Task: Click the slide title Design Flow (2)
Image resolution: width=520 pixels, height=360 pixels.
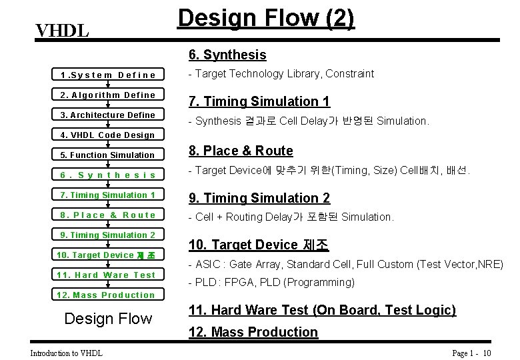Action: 265,18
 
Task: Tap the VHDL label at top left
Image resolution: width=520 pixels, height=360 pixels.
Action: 62,31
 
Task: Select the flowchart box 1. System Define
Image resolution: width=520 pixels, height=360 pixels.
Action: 107,75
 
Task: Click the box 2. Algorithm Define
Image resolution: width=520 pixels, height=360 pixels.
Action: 107,95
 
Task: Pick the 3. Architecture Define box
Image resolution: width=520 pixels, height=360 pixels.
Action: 107,115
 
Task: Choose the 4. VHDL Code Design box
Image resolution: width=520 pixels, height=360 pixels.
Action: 107,135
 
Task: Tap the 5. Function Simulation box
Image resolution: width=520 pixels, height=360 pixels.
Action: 107,155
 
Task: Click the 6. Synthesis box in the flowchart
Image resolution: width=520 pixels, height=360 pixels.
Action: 107,175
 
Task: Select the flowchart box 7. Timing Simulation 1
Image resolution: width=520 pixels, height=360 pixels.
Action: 107,195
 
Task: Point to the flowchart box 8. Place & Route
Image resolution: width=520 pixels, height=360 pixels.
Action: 107,215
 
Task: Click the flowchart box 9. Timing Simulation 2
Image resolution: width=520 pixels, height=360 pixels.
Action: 107,235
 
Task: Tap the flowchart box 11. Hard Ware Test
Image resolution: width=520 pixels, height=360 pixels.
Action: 107,275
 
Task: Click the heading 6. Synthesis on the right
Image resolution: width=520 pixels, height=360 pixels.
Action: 227,55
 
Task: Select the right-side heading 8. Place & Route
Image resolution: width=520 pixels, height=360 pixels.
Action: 241,151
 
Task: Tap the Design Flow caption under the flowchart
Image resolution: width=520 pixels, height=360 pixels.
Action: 107,319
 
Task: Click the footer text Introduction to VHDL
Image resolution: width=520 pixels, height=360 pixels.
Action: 66,353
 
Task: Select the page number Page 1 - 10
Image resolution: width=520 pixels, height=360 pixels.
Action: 471,353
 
